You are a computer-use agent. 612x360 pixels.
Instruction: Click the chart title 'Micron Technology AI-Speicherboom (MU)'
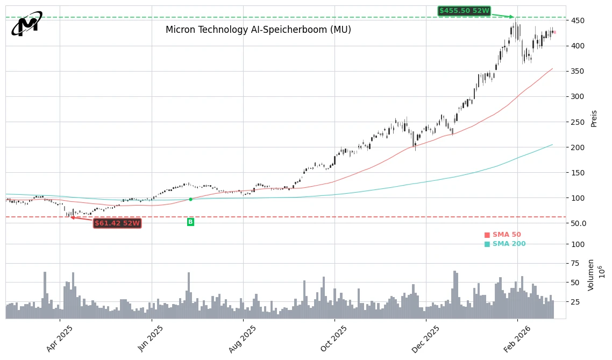(x=258, y=30)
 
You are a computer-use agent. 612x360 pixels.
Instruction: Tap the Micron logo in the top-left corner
(x=27, y=24)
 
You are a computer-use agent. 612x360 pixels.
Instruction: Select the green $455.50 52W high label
(x=464, y=11)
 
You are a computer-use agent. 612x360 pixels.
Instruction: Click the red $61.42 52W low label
(x=117, y=223)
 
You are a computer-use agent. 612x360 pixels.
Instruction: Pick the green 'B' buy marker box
(x=190, y=222)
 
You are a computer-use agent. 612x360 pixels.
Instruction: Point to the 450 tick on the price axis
(x=579, y=20)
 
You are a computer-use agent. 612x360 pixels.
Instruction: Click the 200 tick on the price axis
(x=579, y=147)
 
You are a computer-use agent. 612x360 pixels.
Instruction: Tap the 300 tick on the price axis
(x=579, y=97)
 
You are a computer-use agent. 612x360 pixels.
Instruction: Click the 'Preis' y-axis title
(x=594, y=118)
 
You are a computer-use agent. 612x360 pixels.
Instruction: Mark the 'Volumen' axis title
(x=591, y=274)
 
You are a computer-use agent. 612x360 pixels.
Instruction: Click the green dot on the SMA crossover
(x=190, y=199)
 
